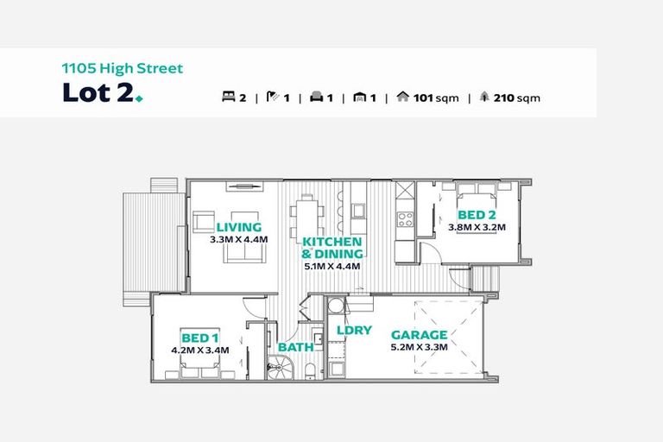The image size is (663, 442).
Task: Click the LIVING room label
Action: click(x=239, y=227)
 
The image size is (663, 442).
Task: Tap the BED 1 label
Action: click(x=200, y=338)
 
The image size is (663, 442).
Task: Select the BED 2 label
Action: click(x=477, y=215)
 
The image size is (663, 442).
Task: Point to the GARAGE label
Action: click(x=419, y=335)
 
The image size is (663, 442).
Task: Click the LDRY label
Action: click(x=354, y=330)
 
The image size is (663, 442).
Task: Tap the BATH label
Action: click(x=296, y=347)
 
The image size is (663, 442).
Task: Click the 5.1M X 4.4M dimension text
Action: click(x=332, y=267)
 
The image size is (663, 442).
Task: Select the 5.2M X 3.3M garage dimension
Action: click(x=419, y=347)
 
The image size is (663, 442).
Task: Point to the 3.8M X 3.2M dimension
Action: click(x=477, y=227)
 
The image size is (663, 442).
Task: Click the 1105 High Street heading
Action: click(x=123, y=68)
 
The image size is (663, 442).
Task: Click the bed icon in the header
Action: click(x=228, y=97)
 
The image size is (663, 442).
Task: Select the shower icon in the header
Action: click(x=273, y=97)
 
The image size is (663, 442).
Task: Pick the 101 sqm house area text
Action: click(x=436, y=98)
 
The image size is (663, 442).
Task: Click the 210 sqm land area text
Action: click(x=517, y=98)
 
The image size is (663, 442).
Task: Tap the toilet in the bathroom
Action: click(x=311, y=370)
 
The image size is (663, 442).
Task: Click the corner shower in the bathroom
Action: click(x=280, y=367)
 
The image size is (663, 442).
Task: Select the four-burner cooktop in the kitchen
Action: click(x=405, y=219)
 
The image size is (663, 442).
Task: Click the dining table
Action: click(x=307, y=216)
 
